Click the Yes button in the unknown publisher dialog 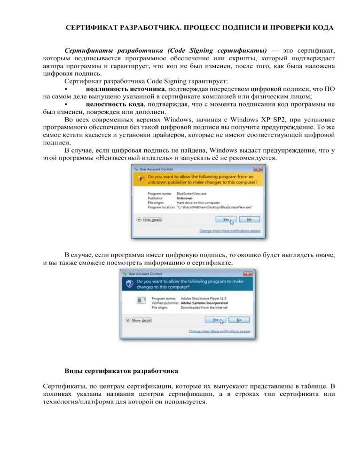point(226,219)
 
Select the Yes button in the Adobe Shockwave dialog point(216,319)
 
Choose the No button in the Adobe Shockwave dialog point(239,319)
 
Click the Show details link point(143,320)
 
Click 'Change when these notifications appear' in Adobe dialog point(219,331)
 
